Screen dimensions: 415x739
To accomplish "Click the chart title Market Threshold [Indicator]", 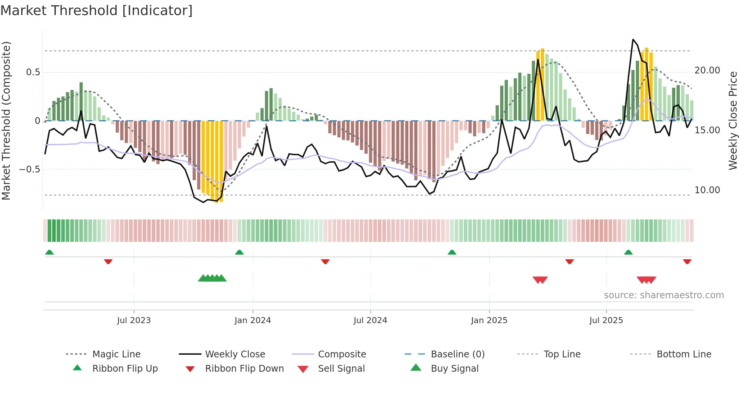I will point(97,11).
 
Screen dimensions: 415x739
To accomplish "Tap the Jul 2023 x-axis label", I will point(134,320).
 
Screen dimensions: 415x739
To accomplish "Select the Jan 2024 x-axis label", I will point(253,320).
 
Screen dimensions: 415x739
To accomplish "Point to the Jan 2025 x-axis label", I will point(489,320).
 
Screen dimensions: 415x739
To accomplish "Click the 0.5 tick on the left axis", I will point(33,72).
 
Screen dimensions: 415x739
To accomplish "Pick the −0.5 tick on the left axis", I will point(30,169).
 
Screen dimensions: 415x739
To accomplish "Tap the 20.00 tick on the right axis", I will point(707,70).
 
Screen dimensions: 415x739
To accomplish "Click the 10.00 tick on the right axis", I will point(707,190).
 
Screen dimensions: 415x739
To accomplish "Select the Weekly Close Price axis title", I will point(733,121).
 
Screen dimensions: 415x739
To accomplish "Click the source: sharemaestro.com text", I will point(664,295).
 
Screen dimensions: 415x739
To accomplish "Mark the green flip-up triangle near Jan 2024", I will point(239,252).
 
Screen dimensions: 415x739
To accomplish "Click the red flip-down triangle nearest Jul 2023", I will point(108,261).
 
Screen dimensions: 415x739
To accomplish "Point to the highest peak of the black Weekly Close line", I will point(633,40).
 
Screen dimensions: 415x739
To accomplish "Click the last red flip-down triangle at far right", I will point(687,261).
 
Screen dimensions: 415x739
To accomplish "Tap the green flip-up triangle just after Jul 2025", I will point(628,252).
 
